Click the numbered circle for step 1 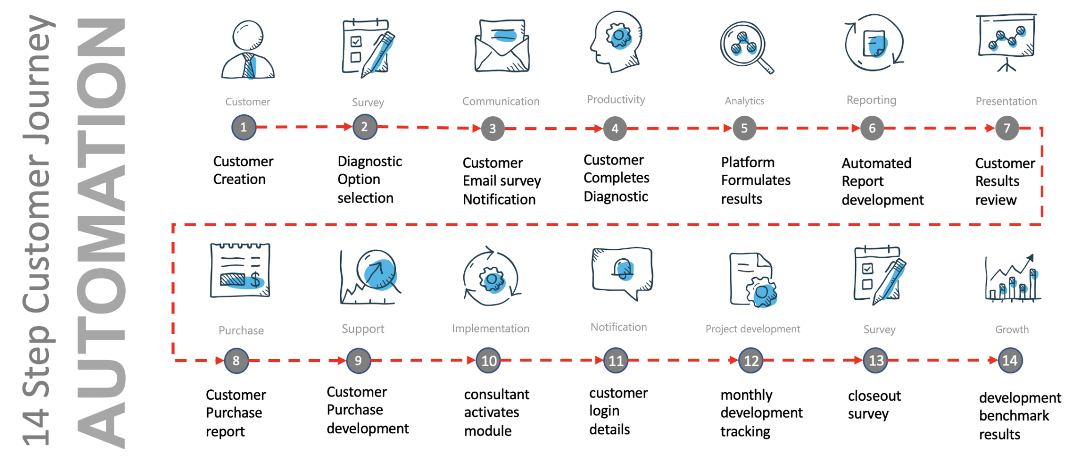243,127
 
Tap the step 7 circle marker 1007,128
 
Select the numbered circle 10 489,361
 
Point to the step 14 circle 1010,361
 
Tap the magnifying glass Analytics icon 746,47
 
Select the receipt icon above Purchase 240,270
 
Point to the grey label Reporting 871,100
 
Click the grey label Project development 753,329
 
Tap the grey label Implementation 491,329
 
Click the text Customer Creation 243,170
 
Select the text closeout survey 874,405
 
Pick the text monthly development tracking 761,413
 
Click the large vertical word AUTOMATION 101,233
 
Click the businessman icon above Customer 248,50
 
